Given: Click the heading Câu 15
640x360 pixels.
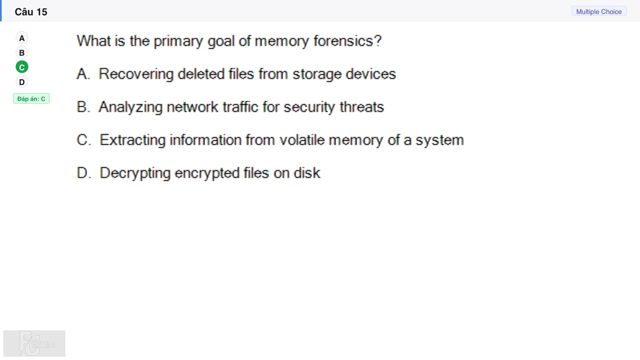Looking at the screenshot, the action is [31, 12].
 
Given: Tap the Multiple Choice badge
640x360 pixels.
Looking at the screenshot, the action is [599, 11].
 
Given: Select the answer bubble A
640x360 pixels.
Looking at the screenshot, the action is [22, 38].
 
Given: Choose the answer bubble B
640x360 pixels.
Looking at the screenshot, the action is [22, 53].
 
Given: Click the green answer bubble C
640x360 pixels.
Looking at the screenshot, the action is [22, 67].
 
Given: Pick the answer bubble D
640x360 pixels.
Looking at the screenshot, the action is [22, 82].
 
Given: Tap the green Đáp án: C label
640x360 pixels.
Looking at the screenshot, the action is [31, 99].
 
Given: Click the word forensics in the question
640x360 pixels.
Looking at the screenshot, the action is [344, 41].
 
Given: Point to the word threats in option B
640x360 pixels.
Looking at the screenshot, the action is [362, 107].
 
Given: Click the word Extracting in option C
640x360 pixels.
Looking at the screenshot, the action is [133, 140].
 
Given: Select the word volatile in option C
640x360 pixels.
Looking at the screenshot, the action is [302, 140].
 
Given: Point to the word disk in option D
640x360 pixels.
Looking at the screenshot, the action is [307, 173].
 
